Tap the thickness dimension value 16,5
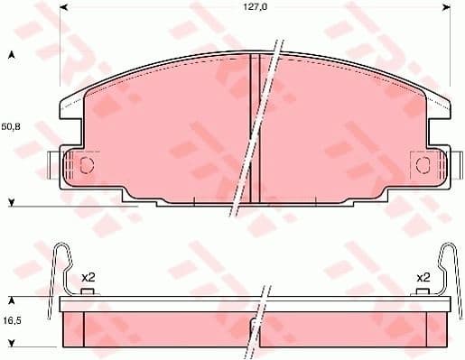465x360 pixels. tap(12, 320)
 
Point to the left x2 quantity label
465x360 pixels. tap(88, 277)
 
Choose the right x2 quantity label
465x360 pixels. tap(423, 277)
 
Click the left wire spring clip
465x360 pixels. tap(60, 266)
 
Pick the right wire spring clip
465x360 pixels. tap(448, 266)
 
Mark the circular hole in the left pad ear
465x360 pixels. tap(88, 164)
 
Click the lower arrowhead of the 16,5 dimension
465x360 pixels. tap(12, 343)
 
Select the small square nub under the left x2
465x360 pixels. tap(87, 291)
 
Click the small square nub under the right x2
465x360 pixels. tap(423, 291)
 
